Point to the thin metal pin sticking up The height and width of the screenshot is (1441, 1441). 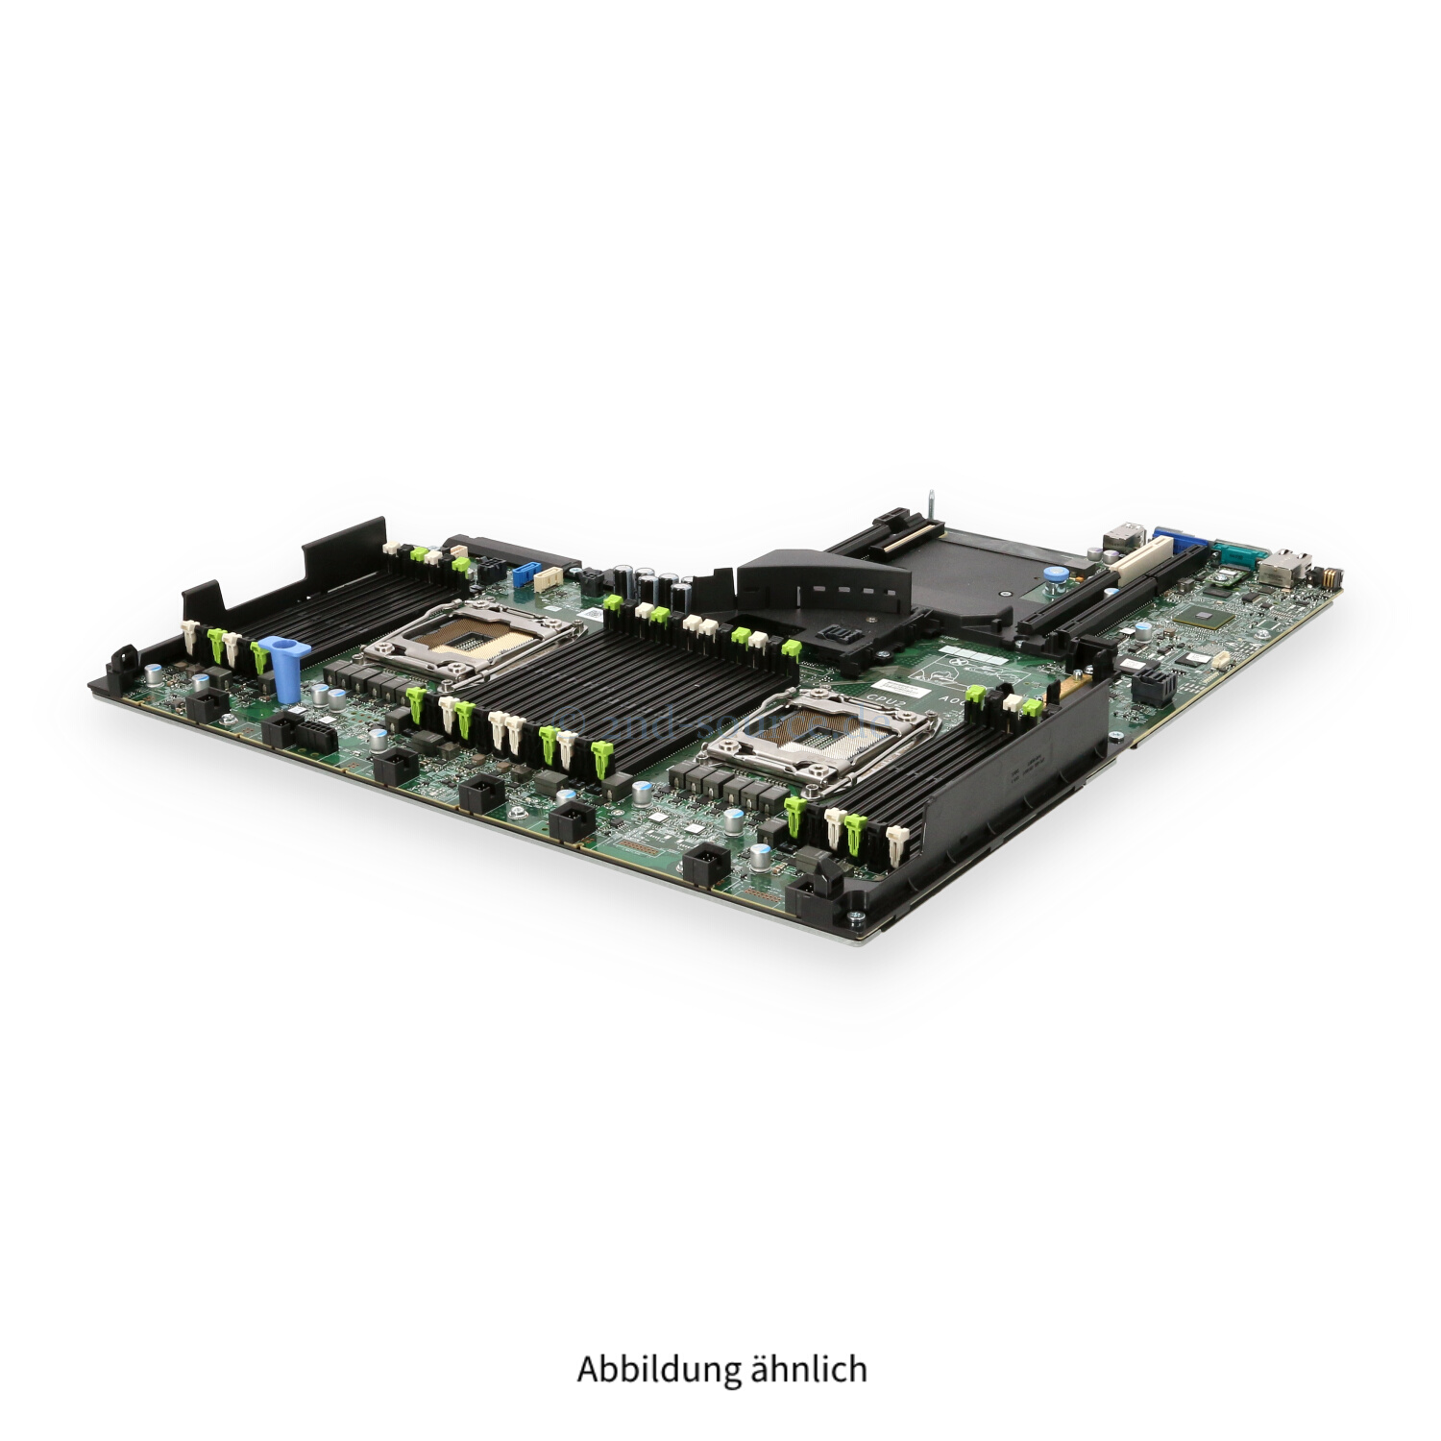[931, 503]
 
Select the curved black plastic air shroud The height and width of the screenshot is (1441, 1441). [824, 578]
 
